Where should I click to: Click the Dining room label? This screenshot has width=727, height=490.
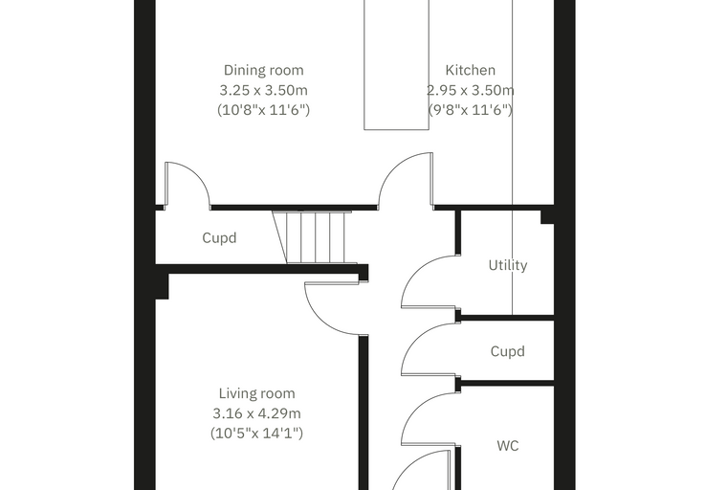263,70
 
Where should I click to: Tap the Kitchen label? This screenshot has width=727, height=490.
470,70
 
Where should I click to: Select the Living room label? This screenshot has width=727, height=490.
257,393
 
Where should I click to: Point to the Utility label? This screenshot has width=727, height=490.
508,265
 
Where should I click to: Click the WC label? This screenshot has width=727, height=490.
508,445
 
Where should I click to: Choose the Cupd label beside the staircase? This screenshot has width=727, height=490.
219,238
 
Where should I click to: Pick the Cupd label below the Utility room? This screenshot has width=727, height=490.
508,351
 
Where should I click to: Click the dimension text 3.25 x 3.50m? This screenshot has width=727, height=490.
263,90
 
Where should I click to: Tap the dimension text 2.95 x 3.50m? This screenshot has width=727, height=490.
470,90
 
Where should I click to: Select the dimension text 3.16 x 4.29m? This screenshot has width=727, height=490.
257,413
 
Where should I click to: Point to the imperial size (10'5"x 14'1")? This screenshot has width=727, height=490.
257,433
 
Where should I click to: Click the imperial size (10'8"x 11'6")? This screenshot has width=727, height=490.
263,109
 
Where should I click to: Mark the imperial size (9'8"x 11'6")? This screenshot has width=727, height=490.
470,109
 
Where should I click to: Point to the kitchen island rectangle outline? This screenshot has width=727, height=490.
363,65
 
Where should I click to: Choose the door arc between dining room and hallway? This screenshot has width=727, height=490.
393,167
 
